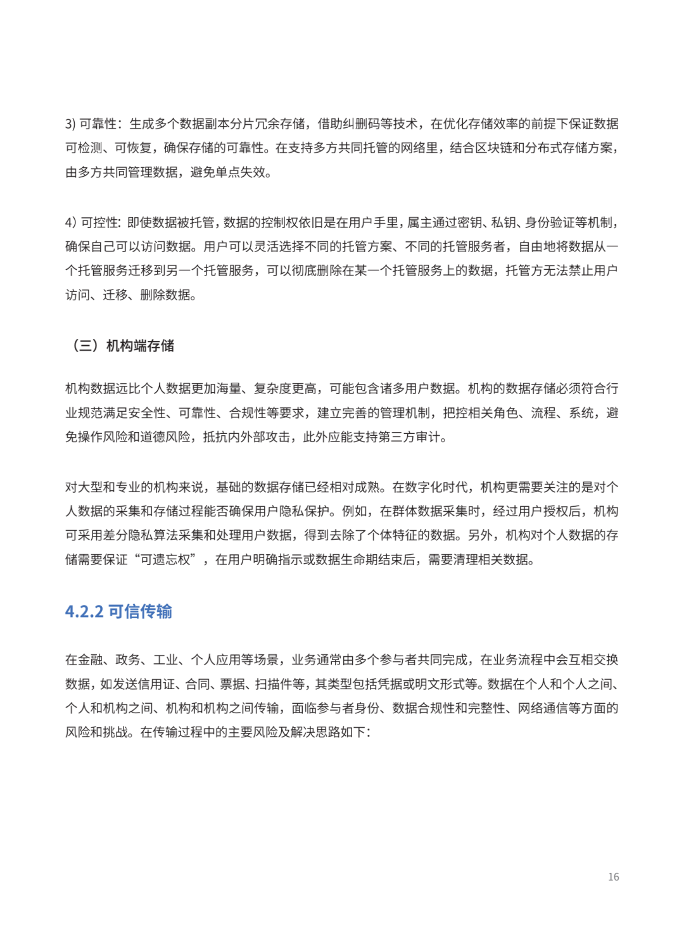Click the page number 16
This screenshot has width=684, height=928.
tap(613, 877)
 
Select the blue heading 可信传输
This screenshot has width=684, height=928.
tap(140, 611)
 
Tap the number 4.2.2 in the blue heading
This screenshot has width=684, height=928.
tap(84, 611)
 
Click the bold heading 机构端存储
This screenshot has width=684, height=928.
tap(140, 345)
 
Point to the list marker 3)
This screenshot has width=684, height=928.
tap(70, 124)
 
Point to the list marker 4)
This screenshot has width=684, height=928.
tap(70, 222)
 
